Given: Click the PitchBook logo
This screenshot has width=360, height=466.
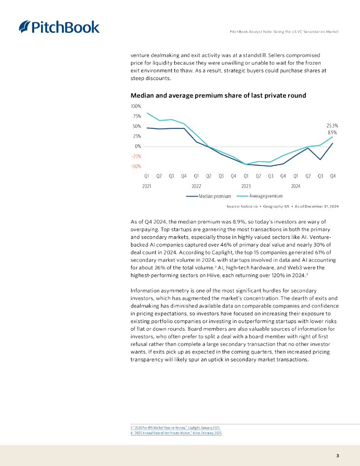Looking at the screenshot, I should coord(59,27).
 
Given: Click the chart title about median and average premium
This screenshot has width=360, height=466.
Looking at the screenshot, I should coord(218,95).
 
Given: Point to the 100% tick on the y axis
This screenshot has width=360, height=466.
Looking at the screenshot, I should coord(136,106).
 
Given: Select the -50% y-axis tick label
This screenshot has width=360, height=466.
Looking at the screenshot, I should coord(136,166).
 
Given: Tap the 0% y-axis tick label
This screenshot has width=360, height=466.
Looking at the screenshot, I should coord(137,146).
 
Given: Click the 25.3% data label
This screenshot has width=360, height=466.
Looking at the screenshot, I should coord(332,125).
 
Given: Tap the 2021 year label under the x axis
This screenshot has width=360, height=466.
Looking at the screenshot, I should coord(147,186).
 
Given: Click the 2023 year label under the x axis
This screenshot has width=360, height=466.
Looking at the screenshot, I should coord(246,186).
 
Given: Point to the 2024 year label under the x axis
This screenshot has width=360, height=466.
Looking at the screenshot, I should coord(295,186).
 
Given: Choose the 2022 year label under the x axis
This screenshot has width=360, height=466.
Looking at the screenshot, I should coord(196,186).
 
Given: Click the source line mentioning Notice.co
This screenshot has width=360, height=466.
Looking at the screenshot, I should coord(282,207).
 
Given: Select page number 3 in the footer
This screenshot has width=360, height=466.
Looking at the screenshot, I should coord(337,456).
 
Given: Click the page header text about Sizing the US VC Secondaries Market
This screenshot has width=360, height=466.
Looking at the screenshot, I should coord(284,31).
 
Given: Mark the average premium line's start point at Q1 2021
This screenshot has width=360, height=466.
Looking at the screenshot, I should coord(147,113).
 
